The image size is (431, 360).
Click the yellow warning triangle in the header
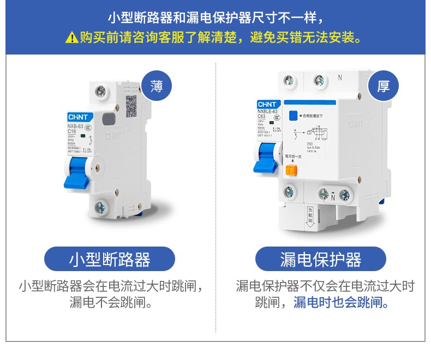pos(71,38)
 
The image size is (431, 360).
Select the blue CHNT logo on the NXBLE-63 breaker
pos(268,104)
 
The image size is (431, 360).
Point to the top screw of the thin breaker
pos(101,91)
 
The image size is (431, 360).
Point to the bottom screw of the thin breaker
pos(100,207)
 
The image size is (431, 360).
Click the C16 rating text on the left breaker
pos(71,131)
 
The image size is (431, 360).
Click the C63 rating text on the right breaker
pos(263,117)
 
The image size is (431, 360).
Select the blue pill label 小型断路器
pos(110,259)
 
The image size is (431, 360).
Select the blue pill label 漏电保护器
pos(321,259)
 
